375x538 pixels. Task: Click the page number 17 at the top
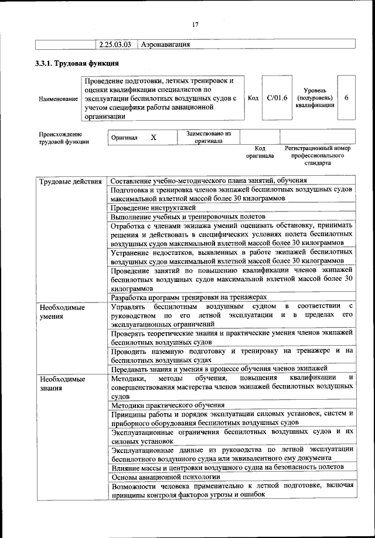coord(195,24)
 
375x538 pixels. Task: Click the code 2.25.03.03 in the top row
coord(115,44)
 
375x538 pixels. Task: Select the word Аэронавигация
coord(166,44)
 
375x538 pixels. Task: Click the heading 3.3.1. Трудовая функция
coord(78,63)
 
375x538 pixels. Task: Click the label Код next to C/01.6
coord(253,98)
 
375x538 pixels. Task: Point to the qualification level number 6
coord(346,98)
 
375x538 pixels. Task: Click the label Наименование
coord(59,99)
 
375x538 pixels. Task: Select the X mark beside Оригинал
coord(154,137)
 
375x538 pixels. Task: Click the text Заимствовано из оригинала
coord(209,137)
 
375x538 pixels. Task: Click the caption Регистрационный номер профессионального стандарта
coord(317,156)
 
